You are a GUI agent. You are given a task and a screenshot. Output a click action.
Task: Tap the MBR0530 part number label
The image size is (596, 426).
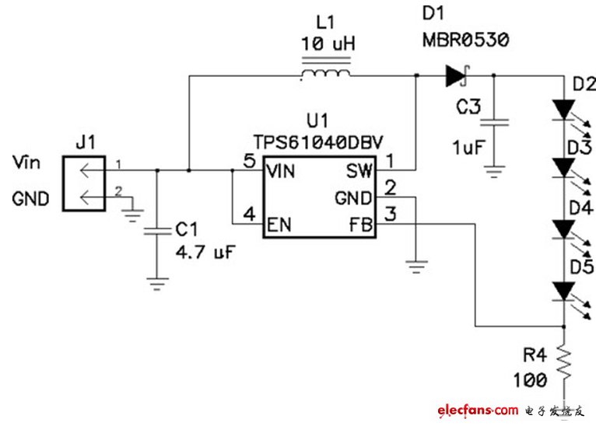465,40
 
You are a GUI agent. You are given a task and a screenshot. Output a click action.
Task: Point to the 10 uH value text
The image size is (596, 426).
328,44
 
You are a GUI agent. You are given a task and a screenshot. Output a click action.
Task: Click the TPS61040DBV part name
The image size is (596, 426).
318,143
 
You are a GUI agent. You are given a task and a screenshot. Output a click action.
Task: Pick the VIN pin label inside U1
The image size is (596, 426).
281,172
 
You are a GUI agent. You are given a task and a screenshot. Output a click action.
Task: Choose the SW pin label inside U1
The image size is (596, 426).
359,171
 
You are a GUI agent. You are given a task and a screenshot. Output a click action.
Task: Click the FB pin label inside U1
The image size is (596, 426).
361,225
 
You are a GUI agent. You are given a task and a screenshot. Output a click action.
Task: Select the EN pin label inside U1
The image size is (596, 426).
279,225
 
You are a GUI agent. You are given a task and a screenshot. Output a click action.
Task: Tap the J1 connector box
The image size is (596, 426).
84,183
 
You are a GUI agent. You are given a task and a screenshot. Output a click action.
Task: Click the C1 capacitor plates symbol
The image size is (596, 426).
157,231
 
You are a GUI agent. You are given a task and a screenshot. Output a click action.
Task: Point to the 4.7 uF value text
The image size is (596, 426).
205,252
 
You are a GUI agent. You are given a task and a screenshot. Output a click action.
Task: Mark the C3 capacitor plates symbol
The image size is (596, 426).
494,122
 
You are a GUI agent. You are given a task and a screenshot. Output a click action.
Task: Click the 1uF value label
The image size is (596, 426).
468,148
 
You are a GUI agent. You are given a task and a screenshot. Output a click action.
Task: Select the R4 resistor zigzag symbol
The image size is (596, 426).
564,364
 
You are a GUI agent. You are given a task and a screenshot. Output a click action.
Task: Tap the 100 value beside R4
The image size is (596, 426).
530,380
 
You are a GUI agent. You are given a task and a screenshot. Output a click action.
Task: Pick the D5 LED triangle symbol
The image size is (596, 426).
564,292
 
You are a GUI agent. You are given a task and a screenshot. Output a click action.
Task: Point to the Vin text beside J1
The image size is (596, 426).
26,162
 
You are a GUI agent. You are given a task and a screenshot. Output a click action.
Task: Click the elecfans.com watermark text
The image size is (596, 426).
478,410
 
